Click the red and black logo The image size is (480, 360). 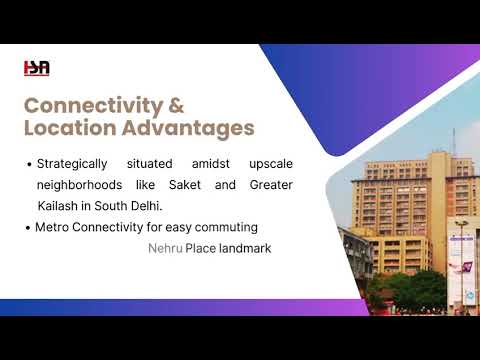(x=37, y=68)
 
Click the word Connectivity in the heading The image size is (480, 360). (x=93, y=107)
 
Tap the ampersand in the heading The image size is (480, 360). (x=176, y=105)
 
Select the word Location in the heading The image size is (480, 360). (x=70, y=128)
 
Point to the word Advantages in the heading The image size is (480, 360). (x=188, y=129)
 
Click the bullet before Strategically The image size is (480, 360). (x=29, y=164)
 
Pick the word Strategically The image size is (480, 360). (x=72, y=164)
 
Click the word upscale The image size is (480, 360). (x=271, y=164)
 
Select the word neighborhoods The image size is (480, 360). (x=79, y=185)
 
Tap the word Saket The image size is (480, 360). (x=185, y=185)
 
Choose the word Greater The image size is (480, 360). (x=271, y=185)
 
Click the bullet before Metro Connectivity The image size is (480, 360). (x=28, y=228)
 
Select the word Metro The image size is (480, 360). (x=52, y=227)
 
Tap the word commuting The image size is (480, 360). (x=226, y=228)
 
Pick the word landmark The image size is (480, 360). (x=245, y=248)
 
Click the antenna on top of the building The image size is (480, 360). (x=453, y=142)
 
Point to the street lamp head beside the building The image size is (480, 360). (x=462, y=223)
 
